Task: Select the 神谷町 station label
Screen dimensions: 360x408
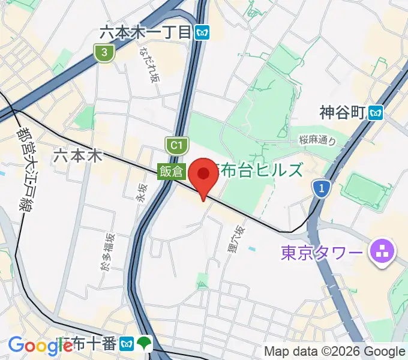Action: pos(343,112)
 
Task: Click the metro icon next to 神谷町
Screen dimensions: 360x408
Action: pos(376,112)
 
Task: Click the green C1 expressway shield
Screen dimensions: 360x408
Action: pos(175,145)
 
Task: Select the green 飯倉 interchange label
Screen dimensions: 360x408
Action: pos(171,171)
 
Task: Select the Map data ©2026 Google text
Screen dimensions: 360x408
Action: pos(335,351)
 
